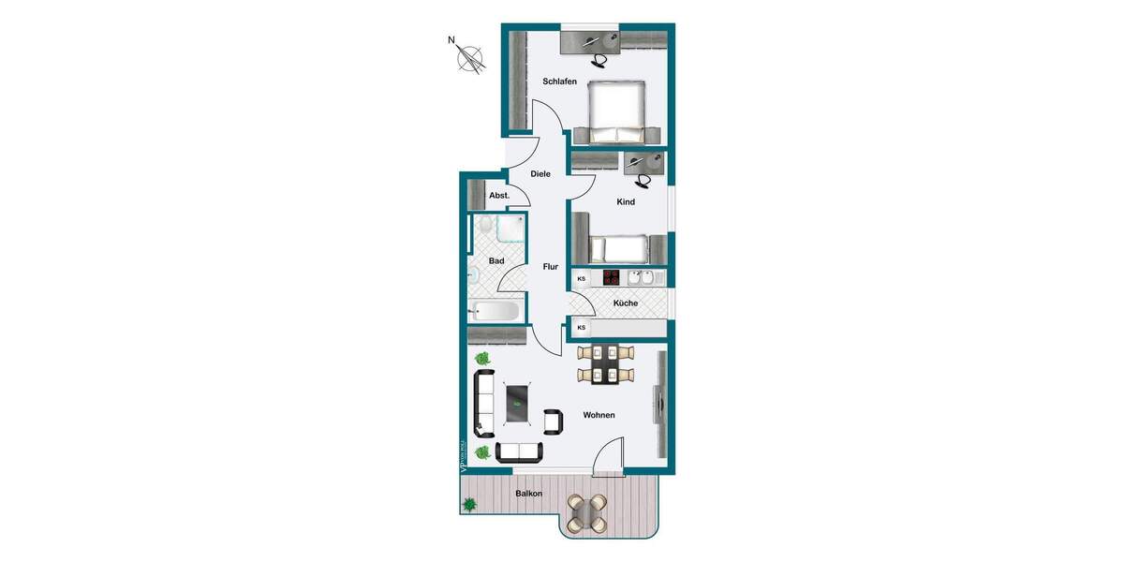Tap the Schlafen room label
point(559,81)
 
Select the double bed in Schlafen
point(615,111)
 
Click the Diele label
point(540,174)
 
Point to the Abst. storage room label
point(498,195)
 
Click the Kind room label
point(626,202)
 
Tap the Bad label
point(496,260)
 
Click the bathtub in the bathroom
point(496,311)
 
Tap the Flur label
point(551,267)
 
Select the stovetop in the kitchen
point(611,277)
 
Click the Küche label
point(626,303)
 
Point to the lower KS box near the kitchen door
point(582,327)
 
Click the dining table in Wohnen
point(605,364)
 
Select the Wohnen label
point(599,415)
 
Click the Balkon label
point(529,494)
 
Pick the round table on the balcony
point(588,512)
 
